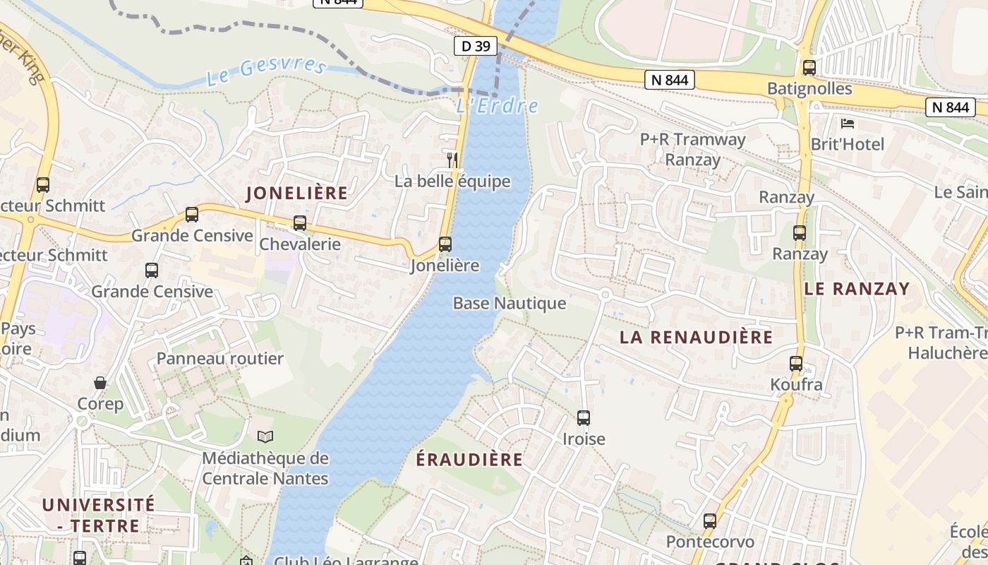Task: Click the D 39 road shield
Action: (475, 47)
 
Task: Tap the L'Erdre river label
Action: (497, 107)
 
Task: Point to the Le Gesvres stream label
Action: (267, 71)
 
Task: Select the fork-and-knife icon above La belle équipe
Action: (452, 160)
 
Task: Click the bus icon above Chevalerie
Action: (300, 223)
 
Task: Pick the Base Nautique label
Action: (509, 304)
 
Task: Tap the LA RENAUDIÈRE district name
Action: (696, 338)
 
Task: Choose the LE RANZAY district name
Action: (857, 289)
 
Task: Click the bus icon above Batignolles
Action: (809, 68)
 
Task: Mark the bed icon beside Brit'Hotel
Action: (848, 124)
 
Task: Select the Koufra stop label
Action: (796, 385)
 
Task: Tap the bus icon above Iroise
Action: (584, 417)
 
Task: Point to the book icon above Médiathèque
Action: (265, 437)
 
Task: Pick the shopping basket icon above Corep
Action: (100, 383)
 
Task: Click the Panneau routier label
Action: (219, 359)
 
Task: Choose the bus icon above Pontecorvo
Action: (710, 521)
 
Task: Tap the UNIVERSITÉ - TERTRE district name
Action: (98, 515)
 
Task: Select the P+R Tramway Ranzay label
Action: (692, 149)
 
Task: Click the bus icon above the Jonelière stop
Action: (445, 244)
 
